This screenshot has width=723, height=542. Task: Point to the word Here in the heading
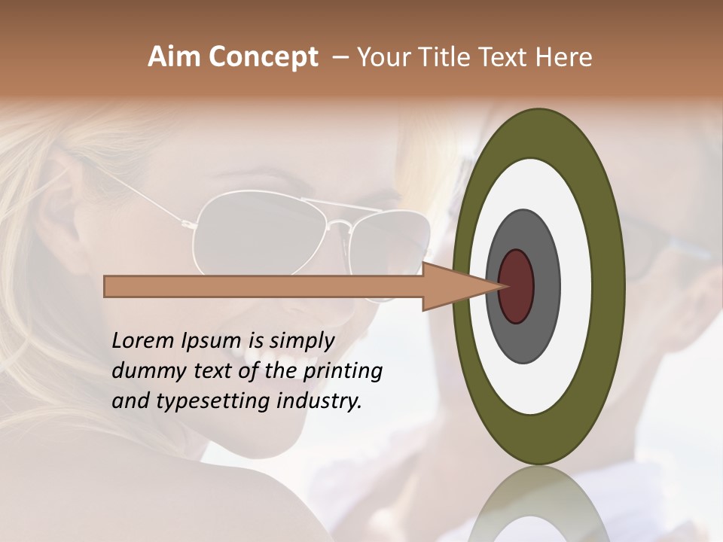click(x=564, y=57)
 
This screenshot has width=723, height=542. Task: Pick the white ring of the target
click(x=576, y=286)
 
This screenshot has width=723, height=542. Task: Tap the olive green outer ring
click(x=610, y=286)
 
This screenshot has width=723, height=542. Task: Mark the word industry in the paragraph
click(x=320, y=401)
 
